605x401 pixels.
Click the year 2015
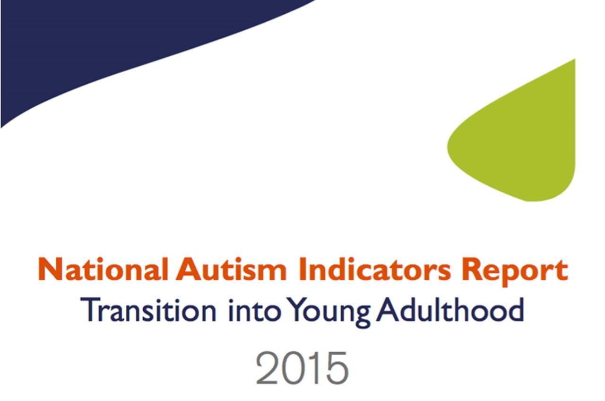302,367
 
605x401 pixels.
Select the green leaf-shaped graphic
525,142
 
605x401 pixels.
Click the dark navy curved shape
95,43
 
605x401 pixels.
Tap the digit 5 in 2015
336,368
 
